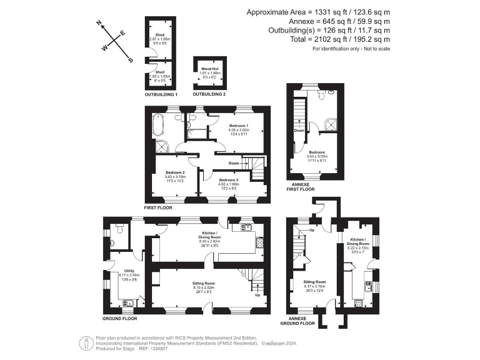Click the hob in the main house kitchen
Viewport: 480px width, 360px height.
[259, 242]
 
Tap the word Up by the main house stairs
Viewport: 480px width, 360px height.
[259, 294]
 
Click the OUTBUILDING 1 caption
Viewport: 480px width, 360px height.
[161, 94]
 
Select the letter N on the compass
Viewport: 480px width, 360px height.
[99, 23]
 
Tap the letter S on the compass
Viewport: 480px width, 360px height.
[130, 60]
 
